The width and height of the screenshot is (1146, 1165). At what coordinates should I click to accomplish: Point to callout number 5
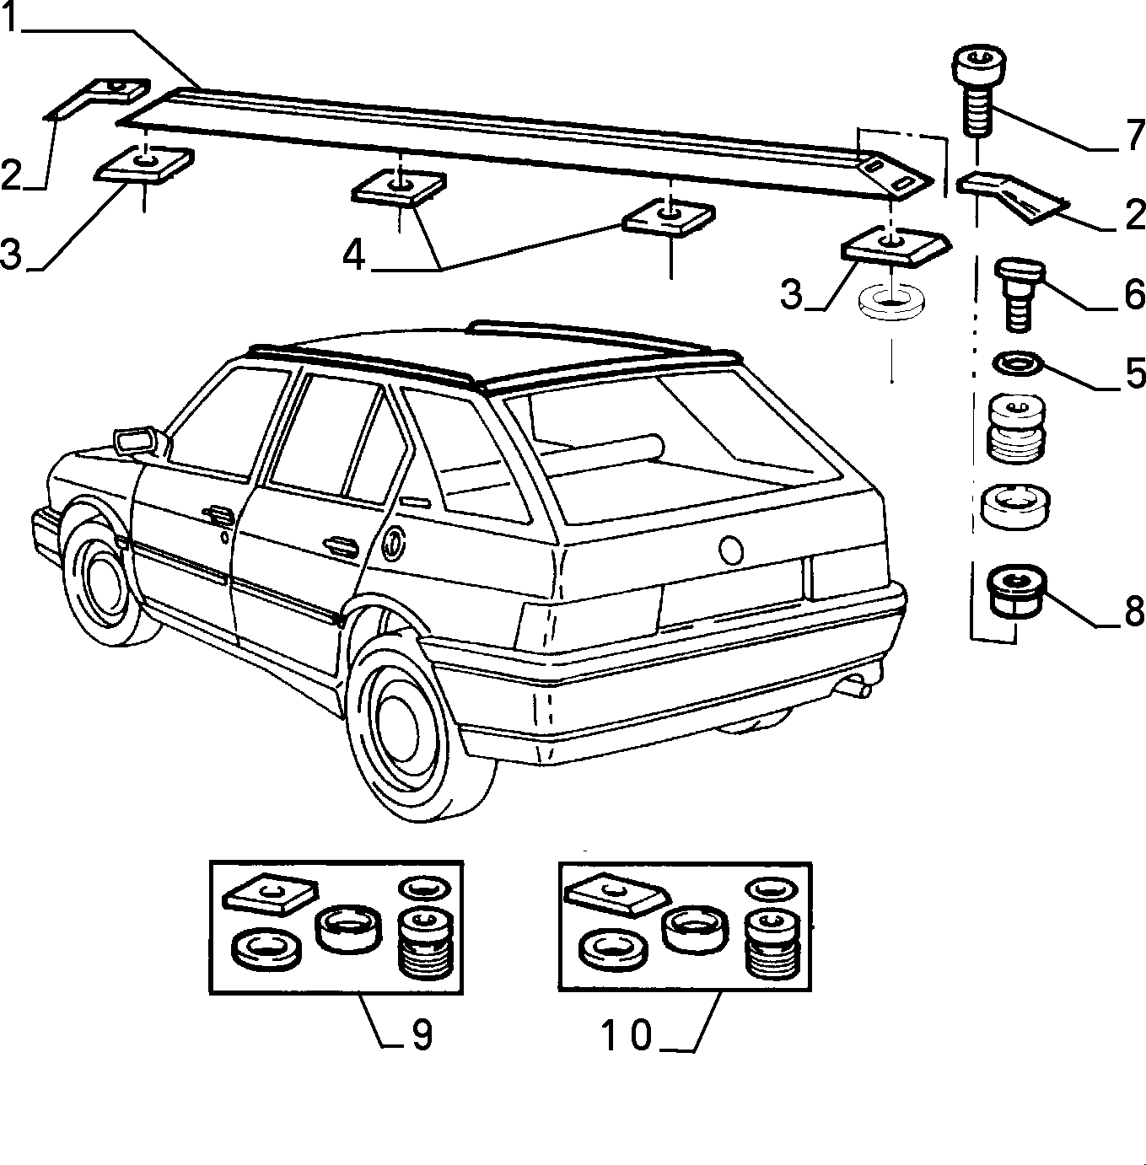[x=1134, y=373]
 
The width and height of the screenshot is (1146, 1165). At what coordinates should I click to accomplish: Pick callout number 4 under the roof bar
[x=354, y=255]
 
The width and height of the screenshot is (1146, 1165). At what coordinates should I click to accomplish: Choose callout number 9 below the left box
[x=422, y=1034]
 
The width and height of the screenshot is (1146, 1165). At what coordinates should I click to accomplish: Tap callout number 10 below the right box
[x=627, y=1034]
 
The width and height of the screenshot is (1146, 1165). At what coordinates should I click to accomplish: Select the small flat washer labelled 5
[x=1014, y=364]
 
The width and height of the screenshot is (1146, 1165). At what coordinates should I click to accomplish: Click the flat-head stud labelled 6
[x=1020, y=294]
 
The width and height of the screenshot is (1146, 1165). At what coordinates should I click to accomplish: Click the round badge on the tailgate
[x=731, y=550]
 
